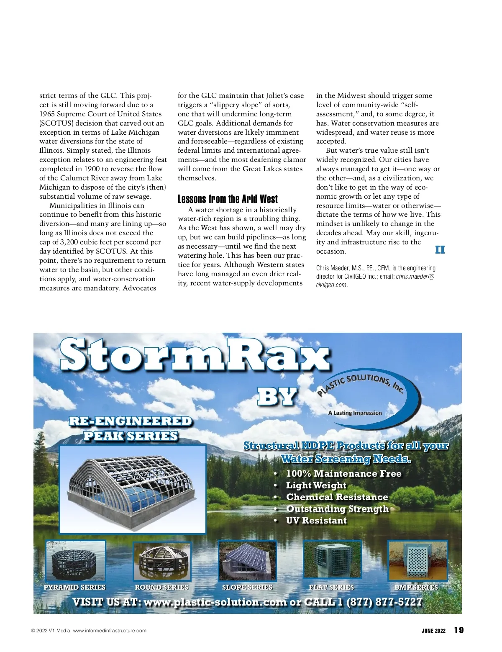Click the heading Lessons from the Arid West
(228, 199)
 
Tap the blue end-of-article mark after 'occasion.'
(440, 250)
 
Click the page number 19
(459, 630)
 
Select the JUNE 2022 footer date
(433, 631)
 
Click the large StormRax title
(195, 355)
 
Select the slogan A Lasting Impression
(355, 413)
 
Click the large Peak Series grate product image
(133, 489)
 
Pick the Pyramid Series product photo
(76, 561)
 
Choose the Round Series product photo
(162, 561)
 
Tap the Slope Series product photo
(247, 561)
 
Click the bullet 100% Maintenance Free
(343, 473)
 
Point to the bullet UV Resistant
(316, 520)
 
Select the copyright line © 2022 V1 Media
(89, 631)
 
